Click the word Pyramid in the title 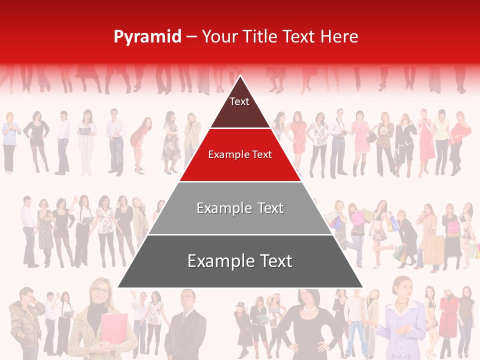(x=147, y=37)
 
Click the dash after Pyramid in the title (x=191, y=37)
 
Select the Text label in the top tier (x=239, y=102)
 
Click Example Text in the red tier (x=240, y=155)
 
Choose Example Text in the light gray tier (x=240, y=208)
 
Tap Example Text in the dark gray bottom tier (x=240, y=261)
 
